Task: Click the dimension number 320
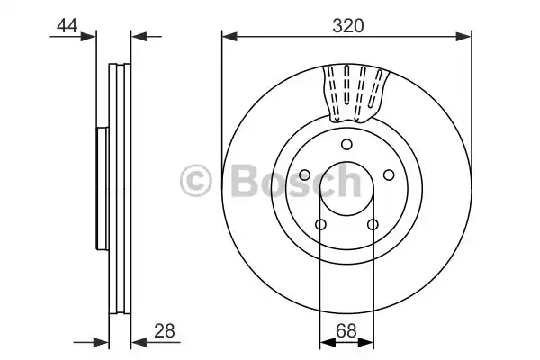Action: pos(346,26)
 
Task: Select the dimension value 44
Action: pos(67,26)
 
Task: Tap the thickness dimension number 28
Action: pos(164,329)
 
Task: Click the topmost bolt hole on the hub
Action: pos(346,146)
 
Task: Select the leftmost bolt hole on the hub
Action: pos(304,175)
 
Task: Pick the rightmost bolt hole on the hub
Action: pos(389,175)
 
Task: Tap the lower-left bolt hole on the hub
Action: pos(320,225)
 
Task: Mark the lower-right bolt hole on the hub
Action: pos(372,225)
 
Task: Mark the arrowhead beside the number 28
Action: pos(138,341)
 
